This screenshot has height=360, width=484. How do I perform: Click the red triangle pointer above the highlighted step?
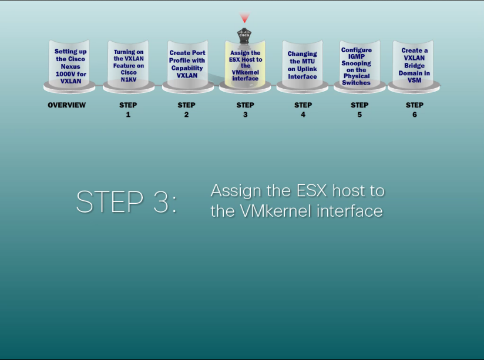[245, 18]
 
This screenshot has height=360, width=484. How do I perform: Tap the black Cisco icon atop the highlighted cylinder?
[244, 35]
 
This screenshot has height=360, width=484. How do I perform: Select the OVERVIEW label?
[67, 105]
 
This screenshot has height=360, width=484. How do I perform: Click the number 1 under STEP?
[128, 115]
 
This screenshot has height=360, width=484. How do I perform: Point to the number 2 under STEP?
[186, 115]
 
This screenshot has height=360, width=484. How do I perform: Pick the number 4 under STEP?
[303, 115]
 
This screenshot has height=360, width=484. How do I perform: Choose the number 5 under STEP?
[359, 115]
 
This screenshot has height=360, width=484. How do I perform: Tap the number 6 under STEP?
[415, 115]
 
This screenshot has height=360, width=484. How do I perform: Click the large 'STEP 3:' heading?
[126, 201]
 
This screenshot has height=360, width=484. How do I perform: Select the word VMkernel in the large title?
[276, 211]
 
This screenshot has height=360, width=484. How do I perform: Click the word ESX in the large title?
[312, 190]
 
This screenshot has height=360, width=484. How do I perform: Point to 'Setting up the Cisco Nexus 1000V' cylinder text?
[70, 66]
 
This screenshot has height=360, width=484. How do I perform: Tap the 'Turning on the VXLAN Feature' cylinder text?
[129, 66]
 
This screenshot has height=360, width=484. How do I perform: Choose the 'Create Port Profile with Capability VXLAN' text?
[187, 64]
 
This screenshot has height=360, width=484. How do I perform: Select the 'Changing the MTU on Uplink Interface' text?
[302, 65]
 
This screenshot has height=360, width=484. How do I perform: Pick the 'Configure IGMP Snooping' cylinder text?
[356, 66]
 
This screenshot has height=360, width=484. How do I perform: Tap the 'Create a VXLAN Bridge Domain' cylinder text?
[414, 65]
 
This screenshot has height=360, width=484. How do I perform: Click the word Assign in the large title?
[236, 191]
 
